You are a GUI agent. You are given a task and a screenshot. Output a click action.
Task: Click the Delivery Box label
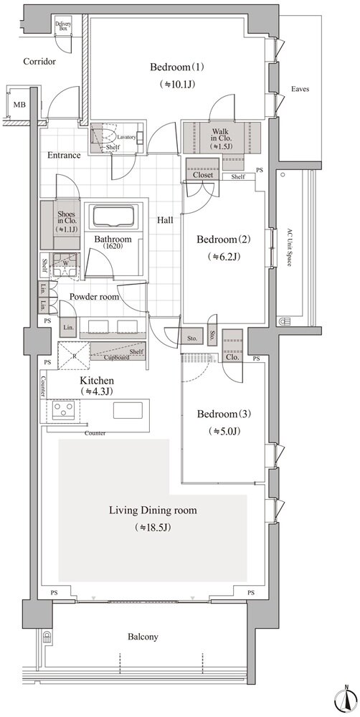pyautogui.click(x=63, y=26)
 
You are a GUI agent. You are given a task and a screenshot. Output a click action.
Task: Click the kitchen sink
pyautogui.click(x=128, y=410)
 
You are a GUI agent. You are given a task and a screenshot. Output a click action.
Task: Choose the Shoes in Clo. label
pyautogui.click(x=65, y=221)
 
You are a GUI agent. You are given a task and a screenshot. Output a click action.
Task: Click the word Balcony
pyautogui.click(x=143, y=637)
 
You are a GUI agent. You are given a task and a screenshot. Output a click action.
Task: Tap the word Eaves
pyautogui.click(x=300, y=89)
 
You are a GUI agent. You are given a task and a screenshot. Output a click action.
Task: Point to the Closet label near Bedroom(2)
pyautogui.click(x=203, y=175)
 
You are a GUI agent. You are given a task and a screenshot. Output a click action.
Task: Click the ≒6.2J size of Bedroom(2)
pyautogui.click(x=224, y=256)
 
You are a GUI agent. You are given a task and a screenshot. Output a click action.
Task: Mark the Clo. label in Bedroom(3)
pyautogui.click(x=232, y=357)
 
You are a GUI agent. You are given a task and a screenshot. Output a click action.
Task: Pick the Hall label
pyautogui.click(x=165, y=220)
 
